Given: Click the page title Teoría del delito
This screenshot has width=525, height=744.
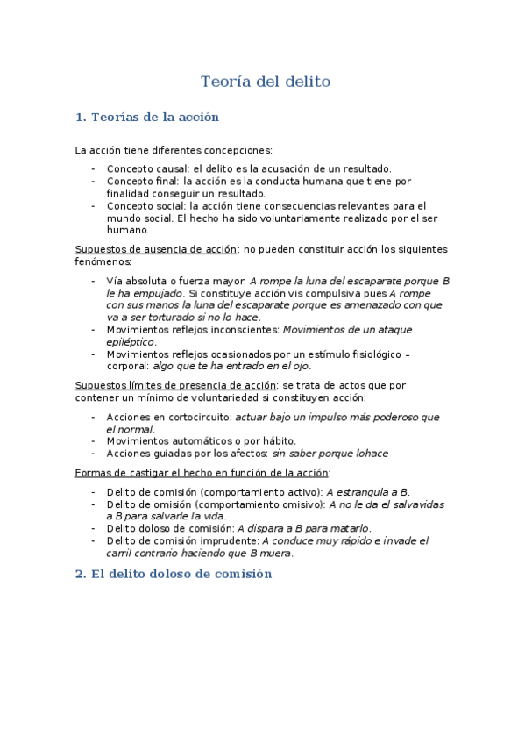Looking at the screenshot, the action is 265,82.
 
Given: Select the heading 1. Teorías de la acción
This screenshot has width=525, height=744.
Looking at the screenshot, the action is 147,117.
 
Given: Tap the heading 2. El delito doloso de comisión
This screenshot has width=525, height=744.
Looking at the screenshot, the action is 174,574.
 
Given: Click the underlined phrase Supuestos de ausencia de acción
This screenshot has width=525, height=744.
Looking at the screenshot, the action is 156,249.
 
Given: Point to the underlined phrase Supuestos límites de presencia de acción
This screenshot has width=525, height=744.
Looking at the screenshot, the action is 175,385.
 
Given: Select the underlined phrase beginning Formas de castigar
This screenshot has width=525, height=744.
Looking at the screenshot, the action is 202,473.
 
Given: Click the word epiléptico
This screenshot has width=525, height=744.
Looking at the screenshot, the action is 131,341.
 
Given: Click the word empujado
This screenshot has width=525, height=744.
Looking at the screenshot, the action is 157,292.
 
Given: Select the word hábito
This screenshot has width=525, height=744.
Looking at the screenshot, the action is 279,440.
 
